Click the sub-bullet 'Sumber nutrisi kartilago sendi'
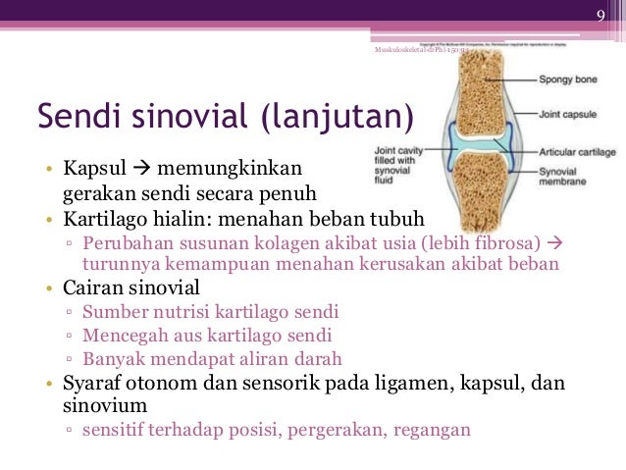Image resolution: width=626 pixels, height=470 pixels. pyautogui.click(x=211, y=312)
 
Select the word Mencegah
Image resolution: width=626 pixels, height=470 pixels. pyautogui.click(x=123, y=336)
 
